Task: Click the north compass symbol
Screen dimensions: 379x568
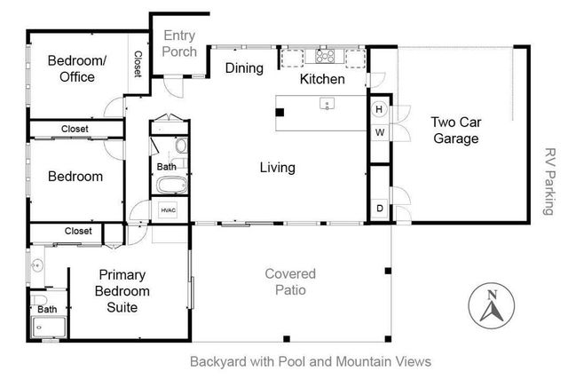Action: (491, 304)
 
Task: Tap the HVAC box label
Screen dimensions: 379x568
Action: (169, 209)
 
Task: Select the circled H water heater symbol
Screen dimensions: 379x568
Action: (379, 110)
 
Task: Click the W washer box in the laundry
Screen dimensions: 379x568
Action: (379, 133)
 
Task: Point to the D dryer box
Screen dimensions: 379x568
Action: (379, 209)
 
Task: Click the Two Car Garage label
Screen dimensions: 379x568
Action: (455, 130)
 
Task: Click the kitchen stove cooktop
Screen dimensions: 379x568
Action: (325, 58)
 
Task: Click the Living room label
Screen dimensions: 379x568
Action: (277, 167)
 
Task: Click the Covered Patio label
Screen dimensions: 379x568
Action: (290, 281)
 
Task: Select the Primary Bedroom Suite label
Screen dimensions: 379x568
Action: (122, 291)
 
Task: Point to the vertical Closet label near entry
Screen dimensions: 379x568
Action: (138, 64)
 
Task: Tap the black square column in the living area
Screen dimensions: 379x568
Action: (280, 112)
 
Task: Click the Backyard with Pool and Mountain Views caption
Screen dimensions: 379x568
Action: (311, 361)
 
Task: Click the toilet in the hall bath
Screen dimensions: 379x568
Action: (180, 146)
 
